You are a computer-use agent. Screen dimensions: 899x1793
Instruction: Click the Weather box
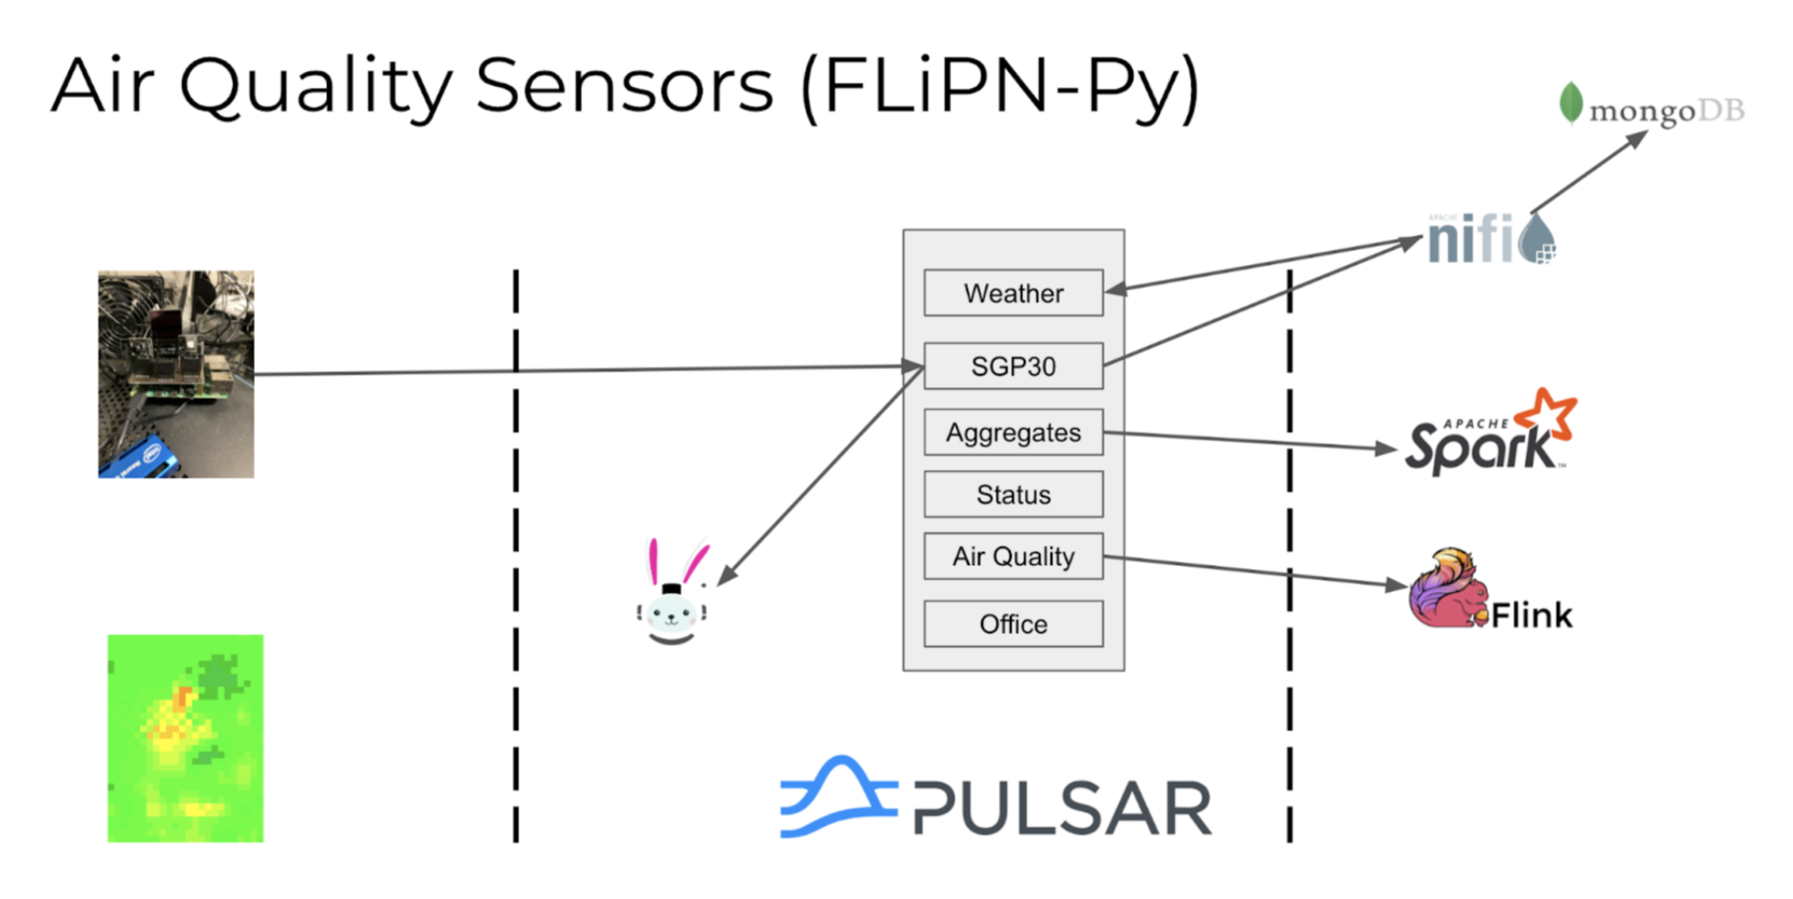[1013, 293]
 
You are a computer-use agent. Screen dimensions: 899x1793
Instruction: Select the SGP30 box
[1013, 367]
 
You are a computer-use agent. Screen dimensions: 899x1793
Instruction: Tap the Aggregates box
[1013, 433]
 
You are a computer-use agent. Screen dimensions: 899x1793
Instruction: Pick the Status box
[1013, 494]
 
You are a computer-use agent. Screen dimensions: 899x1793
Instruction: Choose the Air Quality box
[1013, 556]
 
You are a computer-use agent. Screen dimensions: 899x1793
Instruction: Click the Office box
[1013, 624]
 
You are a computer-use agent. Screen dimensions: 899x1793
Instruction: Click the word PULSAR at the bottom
[1062, 808]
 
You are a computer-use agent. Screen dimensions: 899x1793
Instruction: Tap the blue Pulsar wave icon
[838, 798]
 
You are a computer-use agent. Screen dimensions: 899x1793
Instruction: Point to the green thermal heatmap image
[186, 738]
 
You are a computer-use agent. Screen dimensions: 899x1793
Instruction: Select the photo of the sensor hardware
[176, 374]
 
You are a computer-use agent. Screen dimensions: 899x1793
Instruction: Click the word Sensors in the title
[624, 86]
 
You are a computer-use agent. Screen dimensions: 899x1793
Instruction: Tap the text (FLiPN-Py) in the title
[999, 87]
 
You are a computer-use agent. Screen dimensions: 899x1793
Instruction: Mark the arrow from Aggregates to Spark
[1250, 441]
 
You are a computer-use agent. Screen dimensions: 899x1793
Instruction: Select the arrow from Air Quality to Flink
[1255, 571]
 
